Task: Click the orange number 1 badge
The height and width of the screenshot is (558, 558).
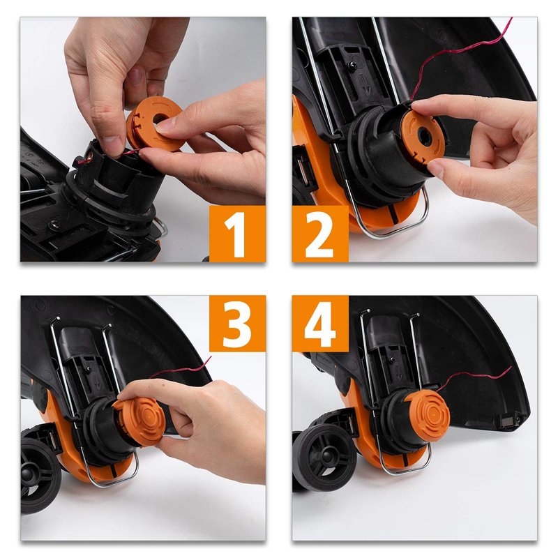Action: pyautogui.click(x=237, y=234)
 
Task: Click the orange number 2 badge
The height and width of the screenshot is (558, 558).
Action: pyautogui.click(x=320, y=234)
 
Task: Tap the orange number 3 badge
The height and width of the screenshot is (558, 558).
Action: pyautogui.click(x=237, y=324)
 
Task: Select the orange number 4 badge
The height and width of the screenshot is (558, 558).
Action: pyautogui.click(x=320, y=324)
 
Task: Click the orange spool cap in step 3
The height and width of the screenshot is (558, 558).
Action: pyautogui.click(x=140, y=421)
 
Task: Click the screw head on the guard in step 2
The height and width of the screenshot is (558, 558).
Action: pyautogui.click(x=354, y=65)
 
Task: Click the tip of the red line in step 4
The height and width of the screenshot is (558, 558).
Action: pyautogui.click(x=511, y=367)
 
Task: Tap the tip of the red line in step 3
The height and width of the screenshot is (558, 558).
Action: pyautogui.click(x=211, y=356)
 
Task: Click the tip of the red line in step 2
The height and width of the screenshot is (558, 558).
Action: pyautogui.click(x=512, y=18)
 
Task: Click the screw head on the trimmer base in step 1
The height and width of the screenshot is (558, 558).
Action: pyautogui.click(x=55, y=225)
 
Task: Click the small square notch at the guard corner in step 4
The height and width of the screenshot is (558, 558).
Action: pyautogui.click(x=509, y=421)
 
